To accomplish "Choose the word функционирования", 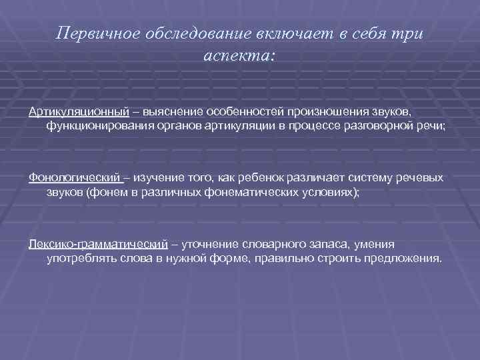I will [x=100, y=125].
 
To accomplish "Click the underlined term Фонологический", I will [x=74, y=177].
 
